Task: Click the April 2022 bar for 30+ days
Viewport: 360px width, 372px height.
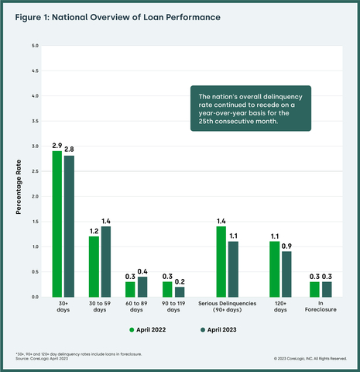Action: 57,224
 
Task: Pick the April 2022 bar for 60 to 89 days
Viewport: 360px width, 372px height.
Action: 130,289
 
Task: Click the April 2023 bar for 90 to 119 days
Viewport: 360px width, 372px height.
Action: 180,291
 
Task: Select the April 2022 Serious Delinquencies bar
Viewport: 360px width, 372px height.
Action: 221,261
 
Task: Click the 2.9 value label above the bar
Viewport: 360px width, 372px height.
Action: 57,145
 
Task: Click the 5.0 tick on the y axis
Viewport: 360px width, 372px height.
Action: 34,46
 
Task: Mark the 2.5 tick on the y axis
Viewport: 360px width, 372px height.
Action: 34,171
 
